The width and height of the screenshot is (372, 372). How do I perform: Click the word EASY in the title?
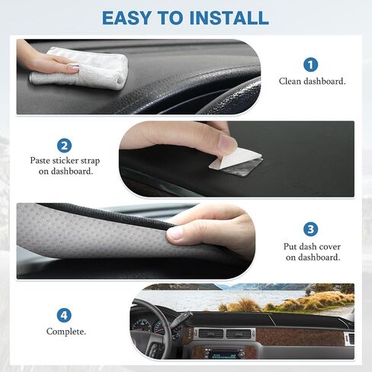coord(127,18)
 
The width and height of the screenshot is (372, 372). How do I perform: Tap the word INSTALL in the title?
coord(229,18)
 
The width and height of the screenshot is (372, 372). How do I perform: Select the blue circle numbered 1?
coord(310,65)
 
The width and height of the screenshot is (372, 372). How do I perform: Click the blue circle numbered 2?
coord(64,146)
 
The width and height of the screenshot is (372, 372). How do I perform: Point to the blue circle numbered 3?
coord(310,229)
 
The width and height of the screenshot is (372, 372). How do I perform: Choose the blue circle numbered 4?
coord(64,316)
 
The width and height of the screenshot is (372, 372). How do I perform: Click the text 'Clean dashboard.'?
coord(312,82)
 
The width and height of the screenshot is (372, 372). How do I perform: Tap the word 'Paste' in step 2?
coord(40,161)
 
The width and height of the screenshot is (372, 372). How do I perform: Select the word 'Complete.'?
coord(66,332)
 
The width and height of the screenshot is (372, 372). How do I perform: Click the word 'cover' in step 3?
coord(329,247)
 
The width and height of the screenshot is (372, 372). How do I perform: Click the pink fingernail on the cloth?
coord(75,68)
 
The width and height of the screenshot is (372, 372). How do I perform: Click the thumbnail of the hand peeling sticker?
coord(227,143)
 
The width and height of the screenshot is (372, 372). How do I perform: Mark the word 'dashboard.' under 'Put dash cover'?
coord(313,258)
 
